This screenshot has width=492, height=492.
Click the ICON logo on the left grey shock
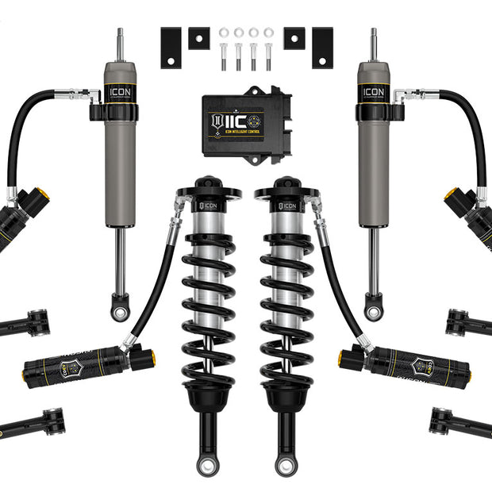coord(119,92)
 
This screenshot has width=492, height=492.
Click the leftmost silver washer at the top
coord(225,33)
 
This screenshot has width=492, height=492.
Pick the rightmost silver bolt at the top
coord(268,57)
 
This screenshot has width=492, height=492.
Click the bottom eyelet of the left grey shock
coord(119,310)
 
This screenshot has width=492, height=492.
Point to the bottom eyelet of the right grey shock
coord(372,310)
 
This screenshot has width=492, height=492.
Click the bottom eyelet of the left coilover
coord(208,464)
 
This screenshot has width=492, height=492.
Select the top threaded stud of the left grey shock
coord(120,44)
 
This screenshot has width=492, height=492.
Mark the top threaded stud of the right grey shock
coord(372,44)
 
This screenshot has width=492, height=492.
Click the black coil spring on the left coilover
coord(208,302)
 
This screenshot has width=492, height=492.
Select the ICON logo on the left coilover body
coord(209,206)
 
